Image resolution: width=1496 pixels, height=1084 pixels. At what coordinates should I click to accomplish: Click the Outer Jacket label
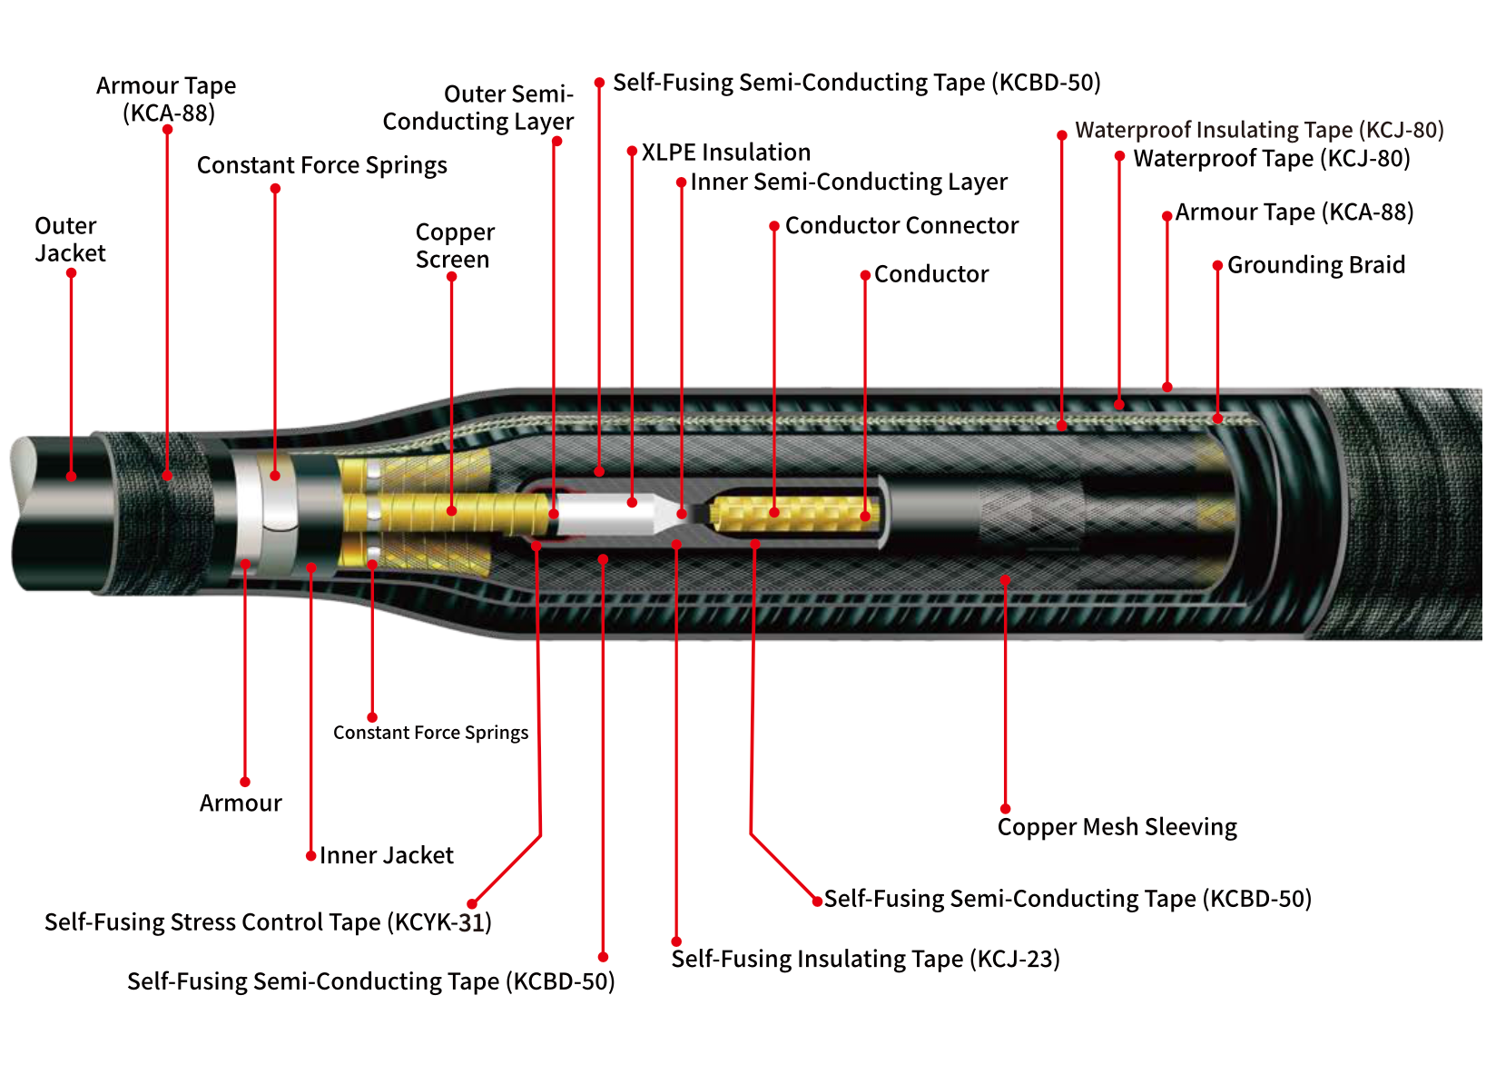[x=70, y=240]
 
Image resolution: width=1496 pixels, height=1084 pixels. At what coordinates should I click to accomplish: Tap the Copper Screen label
[x=455, y=246]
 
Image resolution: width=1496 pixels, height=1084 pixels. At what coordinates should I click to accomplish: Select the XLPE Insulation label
[x=725, y=153]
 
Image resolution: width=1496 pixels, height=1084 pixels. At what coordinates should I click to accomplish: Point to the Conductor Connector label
[x=901, y=226]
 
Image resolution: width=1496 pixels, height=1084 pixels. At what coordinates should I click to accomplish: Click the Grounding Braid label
[x=1315, y=265]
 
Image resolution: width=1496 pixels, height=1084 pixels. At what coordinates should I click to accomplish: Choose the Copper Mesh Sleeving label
[x=1117, y=827]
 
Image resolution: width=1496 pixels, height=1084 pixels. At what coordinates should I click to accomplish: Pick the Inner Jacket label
[x=386, y=855]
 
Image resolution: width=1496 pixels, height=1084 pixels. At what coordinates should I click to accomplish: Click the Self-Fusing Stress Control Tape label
[x=268, y=922]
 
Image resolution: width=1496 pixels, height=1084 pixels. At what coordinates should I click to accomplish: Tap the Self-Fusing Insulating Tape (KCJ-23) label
[x=865, y=959]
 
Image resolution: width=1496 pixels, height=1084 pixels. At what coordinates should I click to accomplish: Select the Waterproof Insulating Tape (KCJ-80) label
[x=1259, y=130]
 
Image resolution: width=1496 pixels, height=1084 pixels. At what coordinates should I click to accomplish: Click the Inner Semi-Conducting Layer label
[x=848, y=182]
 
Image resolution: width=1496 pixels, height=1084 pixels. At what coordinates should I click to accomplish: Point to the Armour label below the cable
[x=241, y=803]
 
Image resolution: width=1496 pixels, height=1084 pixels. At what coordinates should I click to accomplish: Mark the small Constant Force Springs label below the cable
[x=430, y=733]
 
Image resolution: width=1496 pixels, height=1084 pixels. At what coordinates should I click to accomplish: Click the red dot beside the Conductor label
[x=865, y=275]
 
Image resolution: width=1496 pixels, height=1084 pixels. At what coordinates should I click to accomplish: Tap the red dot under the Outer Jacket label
[x=71, y=273]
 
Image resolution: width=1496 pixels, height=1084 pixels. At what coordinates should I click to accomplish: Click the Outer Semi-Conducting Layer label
[x=477, y=108]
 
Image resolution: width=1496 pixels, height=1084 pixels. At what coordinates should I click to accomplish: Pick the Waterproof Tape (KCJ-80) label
[x=1271, y=159]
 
